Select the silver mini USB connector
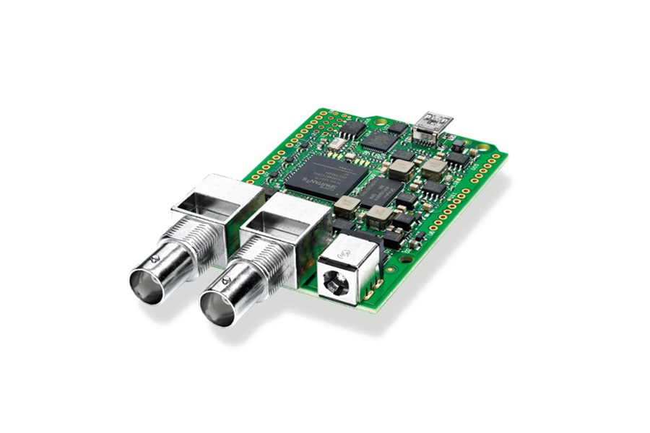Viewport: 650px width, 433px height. [x=435, y=123]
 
